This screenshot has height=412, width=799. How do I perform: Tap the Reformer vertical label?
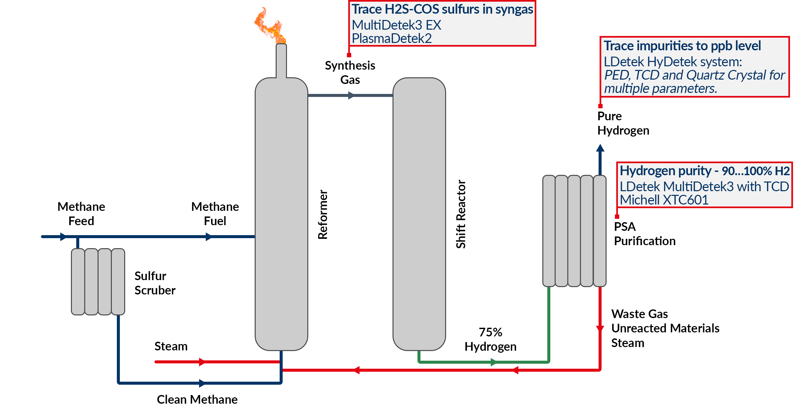pos(323,215)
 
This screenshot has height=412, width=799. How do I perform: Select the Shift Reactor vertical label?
pos(461,214)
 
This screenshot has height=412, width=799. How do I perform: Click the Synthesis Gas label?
pos(350,73)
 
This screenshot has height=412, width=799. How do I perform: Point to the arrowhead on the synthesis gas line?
pos(351,96)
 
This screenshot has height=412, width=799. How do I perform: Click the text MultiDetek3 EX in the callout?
pos(396,25)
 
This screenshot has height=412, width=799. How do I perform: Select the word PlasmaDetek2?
pos(392,39)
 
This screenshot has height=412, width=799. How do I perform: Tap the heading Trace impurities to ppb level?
pos(682,46)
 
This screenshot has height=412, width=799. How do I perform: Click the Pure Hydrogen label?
pos(623,123)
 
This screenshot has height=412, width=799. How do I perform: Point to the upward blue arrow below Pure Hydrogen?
pos(600,148)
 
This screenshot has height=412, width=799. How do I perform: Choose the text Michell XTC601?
pos(664,200)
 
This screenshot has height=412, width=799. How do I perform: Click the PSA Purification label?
pos(644,234)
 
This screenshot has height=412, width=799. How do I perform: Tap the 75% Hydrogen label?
pos(490,339)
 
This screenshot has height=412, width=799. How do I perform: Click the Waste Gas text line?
pos(640,314)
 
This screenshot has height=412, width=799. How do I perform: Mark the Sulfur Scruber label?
pos(155,283)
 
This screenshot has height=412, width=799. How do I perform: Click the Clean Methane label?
pos(197,399)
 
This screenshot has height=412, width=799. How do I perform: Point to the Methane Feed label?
pos(81,214)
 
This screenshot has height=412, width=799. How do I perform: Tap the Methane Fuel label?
pos(215,214)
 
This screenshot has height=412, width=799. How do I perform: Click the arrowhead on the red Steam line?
pos(202,362)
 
